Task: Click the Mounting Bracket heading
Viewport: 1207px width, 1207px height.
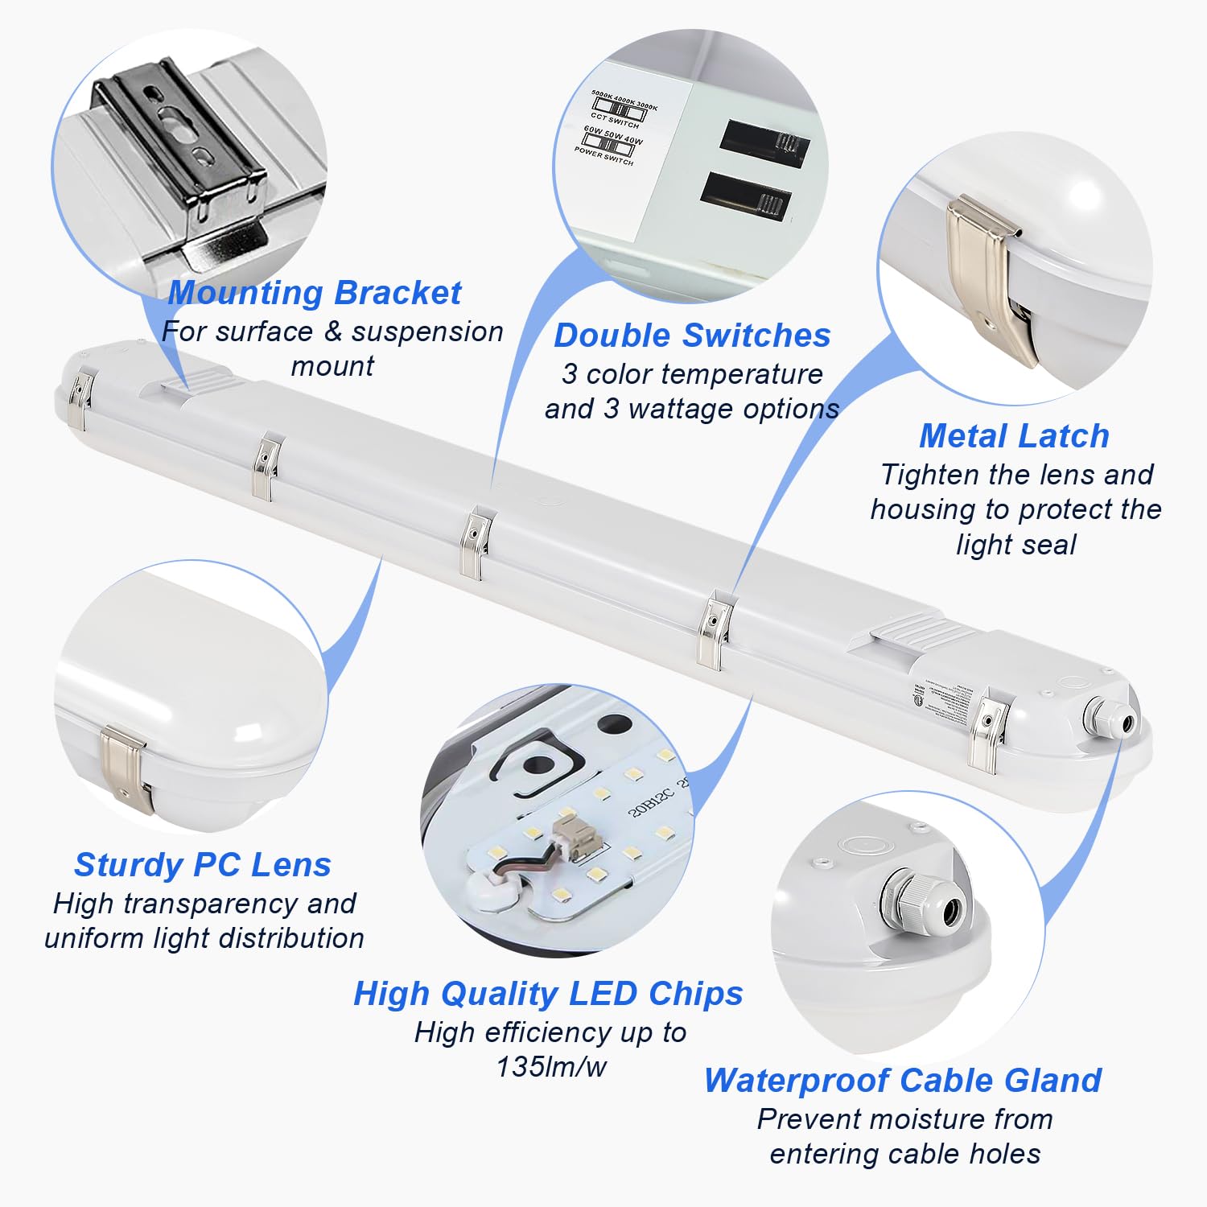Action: point(315,293)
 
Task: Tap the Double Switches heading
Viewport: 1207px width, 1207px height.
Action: point(692,336)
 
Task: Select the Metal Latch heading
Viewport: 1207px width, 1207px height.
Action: point(1014,436)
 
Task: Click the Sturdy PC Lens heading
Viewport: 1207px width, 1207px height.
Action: point(203,865)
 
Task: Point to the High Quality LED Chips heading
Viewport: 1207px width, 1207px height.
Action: point(548,994)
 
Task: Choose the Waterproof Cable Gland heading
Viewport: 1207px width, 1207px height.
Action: point(903,1081)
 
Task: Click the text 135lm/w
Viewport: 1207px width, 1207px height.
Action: point(551,1067)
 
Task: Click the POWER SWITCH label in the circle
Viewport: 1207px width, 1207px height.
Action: point(604,155)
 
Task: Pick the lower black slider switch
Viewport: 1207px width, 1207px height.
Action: point(746,195)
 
